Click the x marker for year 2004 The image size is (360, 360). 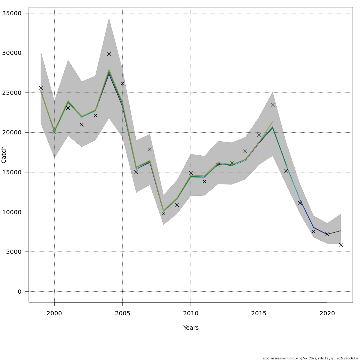pos(109,54)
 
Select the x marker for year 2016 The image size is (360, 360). pos(272,105)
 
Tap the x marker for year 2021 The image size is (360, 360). pos(341,245)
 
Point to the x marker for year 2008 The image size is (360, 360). pos(163,213)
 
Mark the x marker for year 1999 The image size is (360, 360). pos(41,88)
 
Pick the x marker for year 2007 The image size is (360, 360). pos(150,149)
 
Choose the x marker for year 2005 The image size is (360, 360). pos(122,83)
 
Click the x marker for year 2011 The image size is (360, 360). pos(204,181)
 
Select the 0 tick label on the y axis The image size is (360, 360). pos(19,292)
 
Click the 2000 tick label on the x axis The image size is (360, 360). pos(54,313)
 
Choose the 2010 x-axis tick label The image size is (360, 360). pos(191,313)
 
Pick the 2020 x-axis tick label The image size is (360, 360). pos(327,313)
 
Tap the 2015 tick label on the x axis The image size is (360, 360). pos(259,313)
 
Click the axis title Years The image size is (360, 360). pos(191,328)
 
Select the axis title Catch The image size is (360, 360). pos(4,155)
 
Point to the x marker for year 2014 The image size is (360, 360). pos(245,151)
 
